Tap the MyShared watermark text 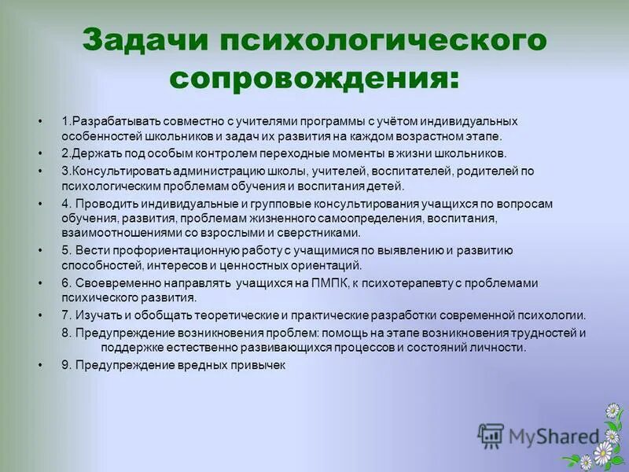553,435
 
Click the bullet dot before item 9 39,366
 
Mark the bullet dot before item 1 39,122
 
